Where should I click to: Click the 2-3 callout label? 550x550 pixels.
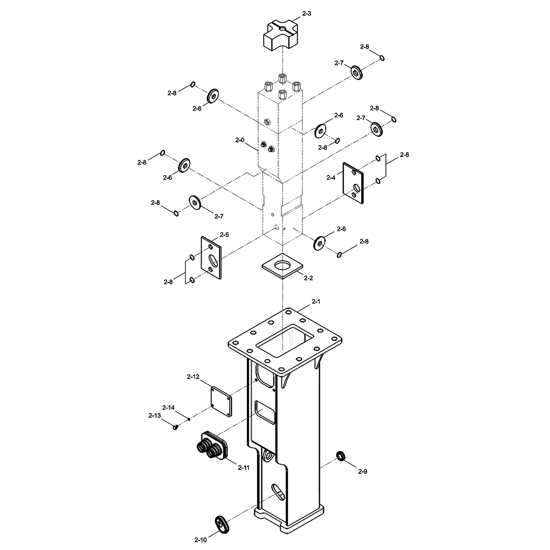306,13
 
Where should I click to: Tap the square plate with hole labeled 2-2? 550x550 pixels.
283,266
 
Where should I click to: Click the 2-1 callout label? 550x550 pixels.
316,302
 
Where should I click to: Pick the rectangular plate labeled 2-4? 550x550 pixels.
353,183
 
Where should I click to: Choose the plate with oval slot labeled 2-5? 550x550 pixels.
211,258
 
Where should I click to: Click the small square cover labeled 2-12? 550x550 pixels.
221,402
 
